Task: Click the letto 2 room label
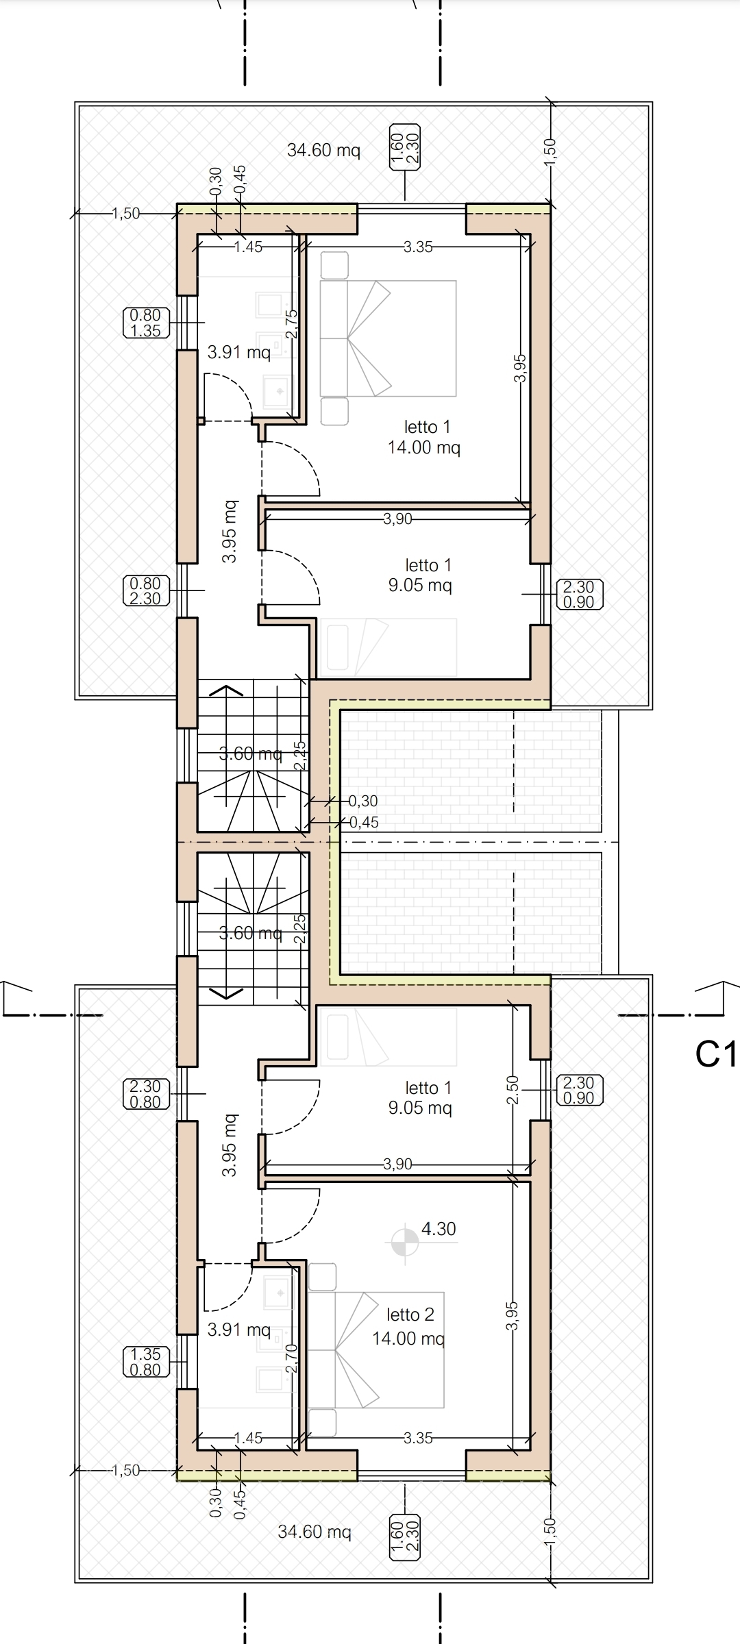[410, 1315]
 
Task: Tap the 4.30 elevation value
[439, 1229]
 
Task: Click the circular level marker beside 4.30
[405, 1241]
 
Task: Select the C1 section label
[716, 1054]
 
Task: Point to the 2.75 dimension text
[291, 324]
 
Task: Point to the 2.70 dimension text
[291, 1359]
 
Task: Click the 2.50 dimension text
[513, 1090]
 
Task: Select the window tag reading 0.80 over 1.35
[145, 323]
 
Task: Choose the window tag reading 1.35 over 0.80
[145, 1362]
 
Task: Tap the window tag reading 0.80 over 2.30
[145, 591]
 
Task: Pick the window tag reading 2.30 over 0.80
[145, 1094]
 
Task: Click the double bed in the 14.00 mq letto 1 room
[388, 338]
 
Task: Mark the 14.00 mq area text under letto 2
[408, 1338]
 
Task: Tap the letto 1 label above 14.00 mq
[428, 427]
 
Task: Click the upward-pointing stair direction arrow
[226, 690]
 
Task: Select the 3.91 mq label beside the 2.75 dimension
[239, 353]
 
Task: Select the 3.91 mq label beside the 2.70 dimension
[239, 1330]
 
